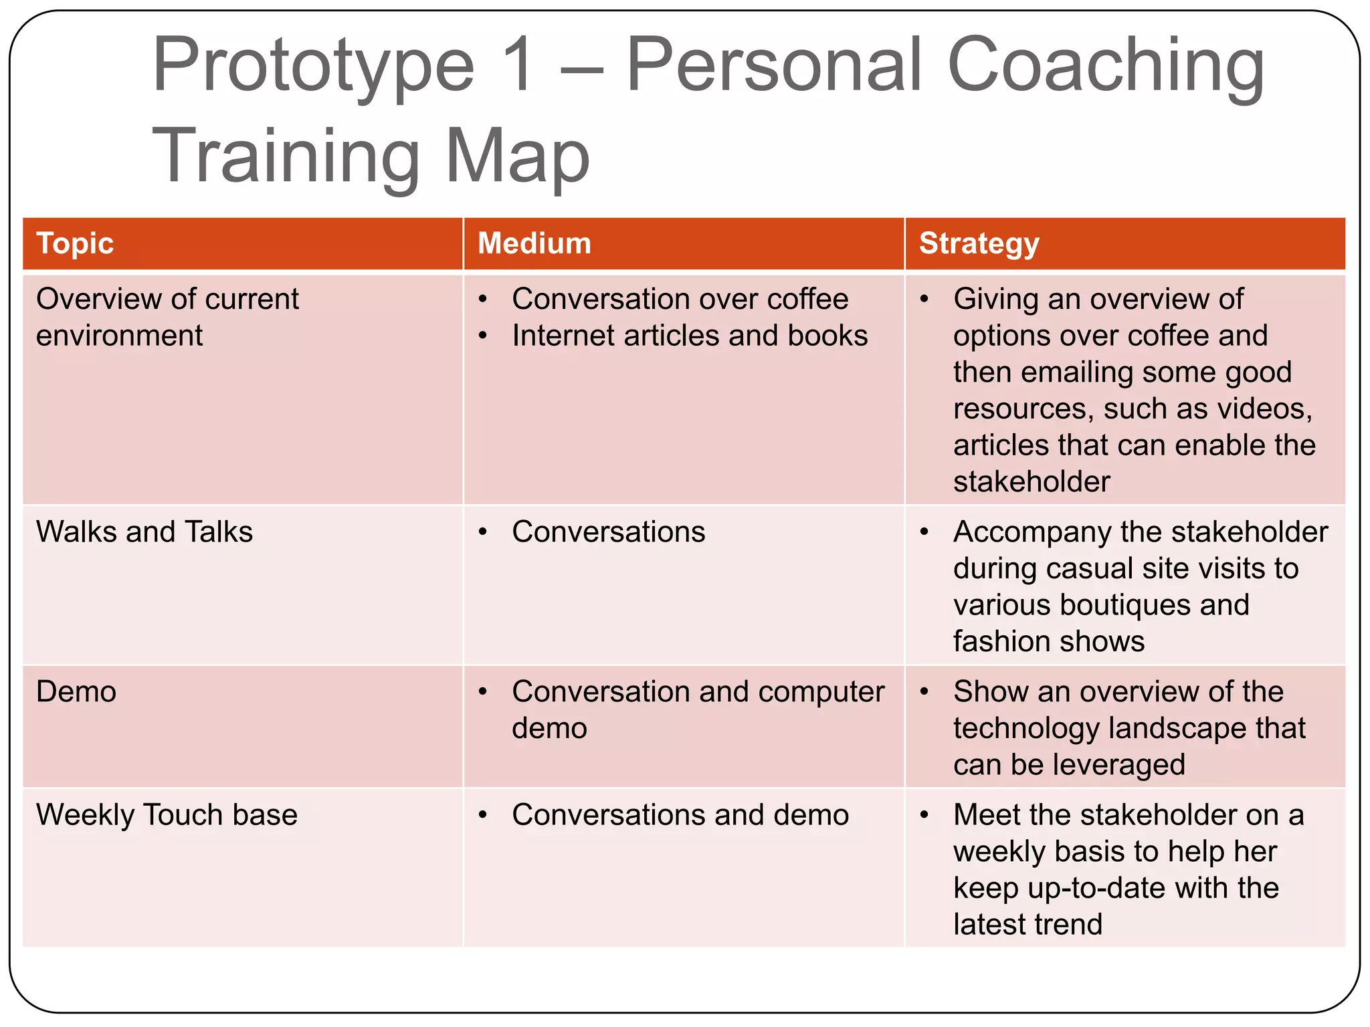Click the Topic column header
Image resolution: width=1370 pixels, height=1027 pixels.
click(75, 243)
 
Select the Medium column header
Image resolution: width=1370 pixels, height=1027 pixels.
click(534, 243)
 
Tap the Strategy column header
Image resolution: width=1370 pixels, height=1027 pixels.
click(979, 243)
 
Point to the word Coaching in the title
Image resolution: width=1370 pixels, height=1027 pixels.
click(1105, 65)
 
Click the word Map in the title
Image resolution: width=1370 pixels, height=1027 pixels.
click(516, 156)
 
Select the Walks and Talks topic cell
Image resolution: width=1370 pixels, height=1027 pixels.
click(144, 532)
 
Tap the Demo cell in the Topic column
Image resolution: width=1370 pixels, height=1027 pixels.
click(76, 692)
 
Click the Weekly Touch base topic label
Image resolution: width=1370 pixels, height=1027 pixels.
click(167, 815)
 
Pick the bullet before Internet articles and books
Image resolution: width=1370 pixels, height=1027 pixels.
click(483, 336)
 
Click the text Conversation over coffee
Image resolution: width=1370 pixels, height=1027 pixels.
click(680, 299)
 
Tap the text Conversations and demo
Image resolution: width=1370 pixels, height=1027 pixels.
click(680, 815)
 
